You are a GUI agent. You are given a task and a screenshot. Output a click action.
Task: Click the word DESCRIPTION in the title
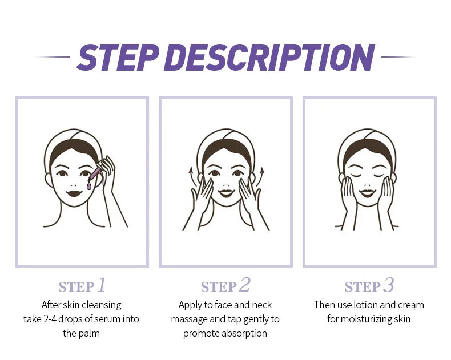(273, 57)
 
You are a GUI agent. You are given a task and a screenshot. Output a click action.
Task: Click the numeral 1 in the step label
(102, 285)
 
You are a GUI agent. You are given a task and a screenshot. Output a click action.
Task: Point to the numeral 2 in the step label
(245, 285)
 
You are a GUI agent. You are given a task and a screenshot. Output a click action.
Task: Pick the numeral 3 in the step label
(389, 285)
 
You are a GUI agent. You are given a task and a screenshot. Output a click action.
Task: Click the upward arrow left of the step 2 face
(191, 174)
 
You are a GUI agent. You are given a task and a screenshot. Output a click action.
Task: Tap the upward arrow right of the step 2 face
(263, 174)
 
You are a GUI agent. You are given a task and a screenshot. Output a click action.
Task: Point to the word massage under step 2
(189, 319)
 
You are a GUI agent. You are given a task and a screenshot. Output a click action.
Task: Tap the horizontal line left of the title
(53, 57)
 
